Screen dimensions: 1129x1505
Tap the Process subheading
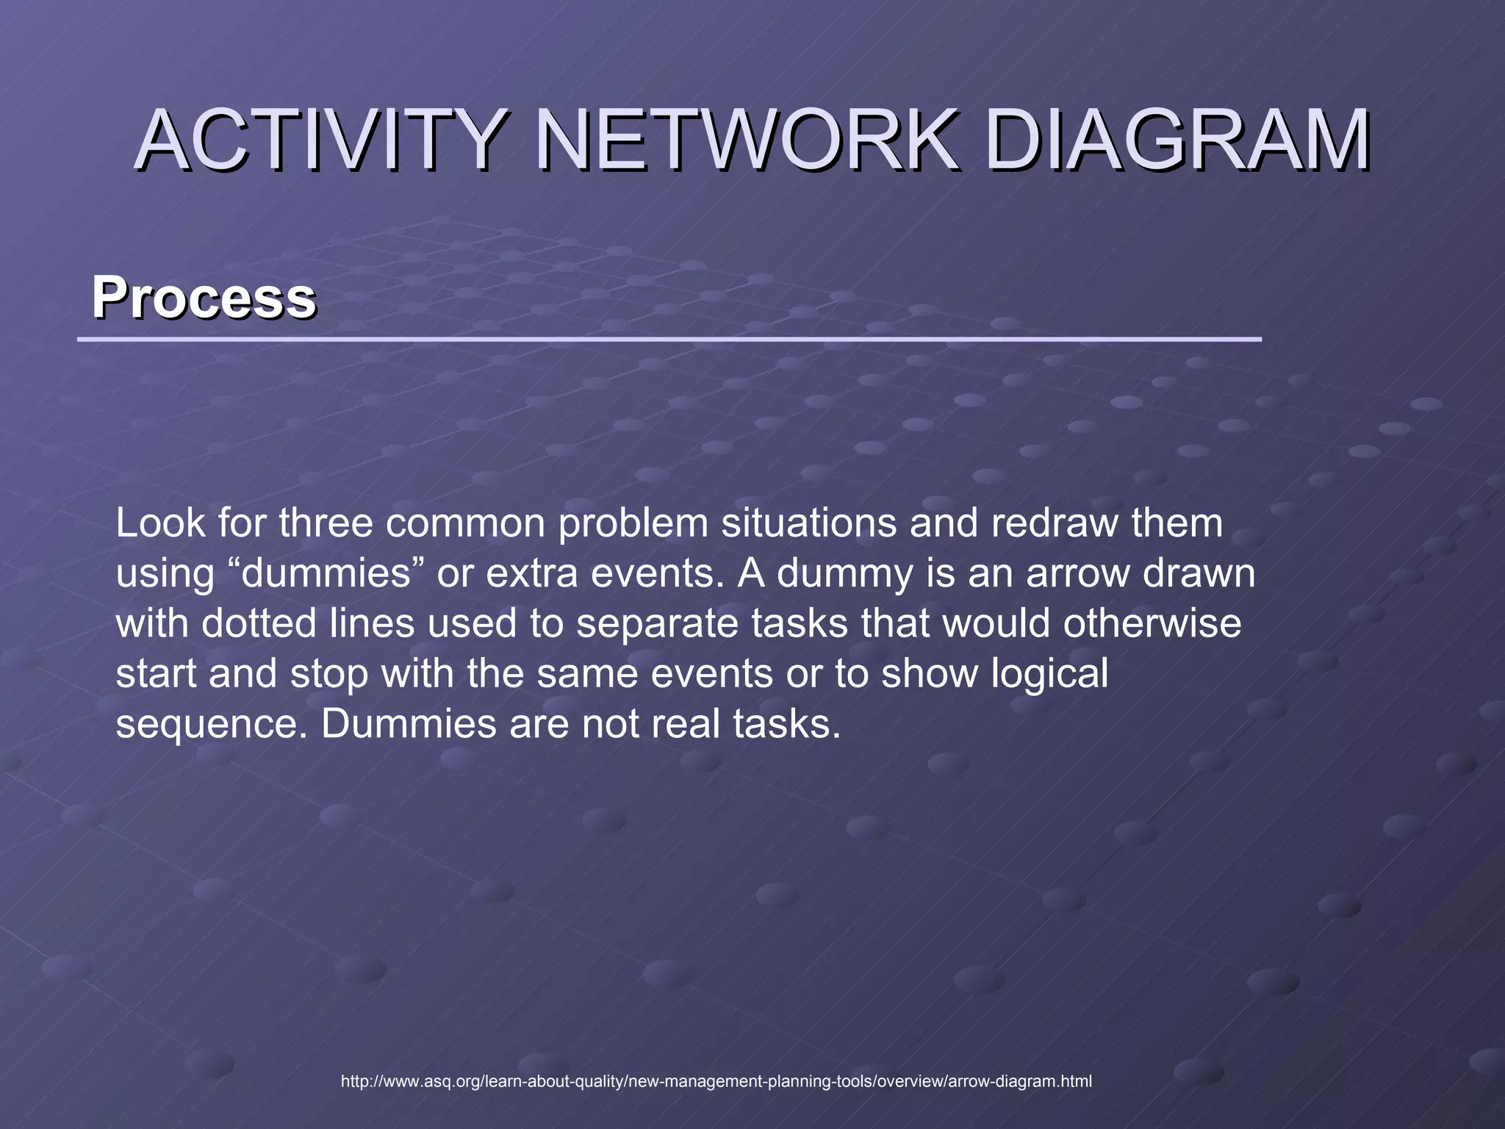(204, 297)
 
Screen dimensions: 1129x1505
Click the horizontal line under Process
(669, 340)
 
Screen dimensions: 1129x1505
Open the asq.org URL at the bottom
(716, 1081)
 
